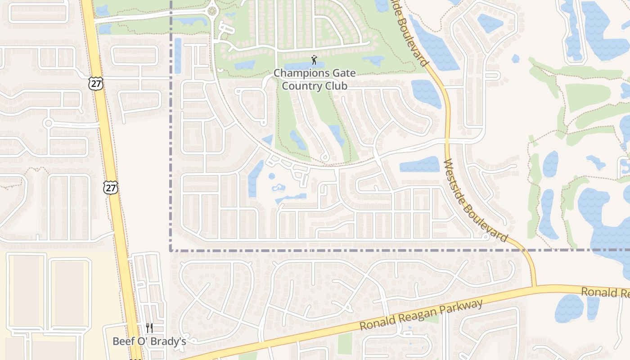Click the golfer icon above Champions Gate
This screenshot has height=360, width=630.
coord(315,59)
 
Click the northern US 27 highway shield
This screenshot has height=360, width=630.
coord(96,83)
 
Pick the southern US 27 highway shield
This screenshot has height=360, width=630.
coord(110,187)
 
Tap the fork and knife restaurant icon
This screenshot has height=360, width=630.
coord(149,328)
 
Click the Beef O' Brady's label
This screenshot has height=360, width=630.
coord(149,341)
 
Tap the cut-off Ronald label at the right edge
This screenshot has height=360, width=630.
coord(605,292)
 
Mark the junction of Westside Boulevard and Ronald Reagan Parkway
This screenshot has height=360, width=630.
coord(534,286)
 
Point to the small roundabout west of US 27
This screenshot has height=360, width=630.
coord(49,123)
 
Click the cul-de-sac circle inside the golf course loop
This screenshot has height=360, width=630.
coord(324,157)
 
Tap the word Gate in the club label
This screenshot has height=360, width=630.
coord(344,73)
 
